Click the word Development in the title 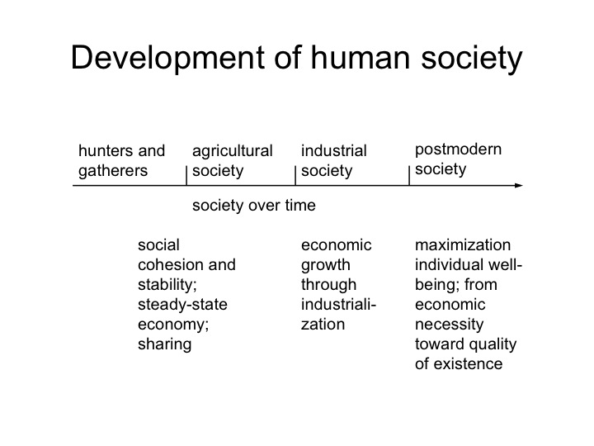167,59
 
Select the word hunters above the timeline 102,150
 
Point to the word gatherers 113,172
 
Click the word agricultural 232,151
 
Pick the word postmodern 458,149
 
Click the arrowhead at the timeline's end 519,186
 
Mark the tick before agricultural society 186,175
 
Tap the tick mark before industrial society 295,175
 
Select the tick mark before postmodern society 409,175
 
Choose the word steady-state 182,305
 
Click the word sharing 165,344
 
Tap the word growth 326,265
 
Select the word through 329,285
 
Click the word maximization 463,245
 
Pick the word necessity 450,325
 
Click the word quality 492,344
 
